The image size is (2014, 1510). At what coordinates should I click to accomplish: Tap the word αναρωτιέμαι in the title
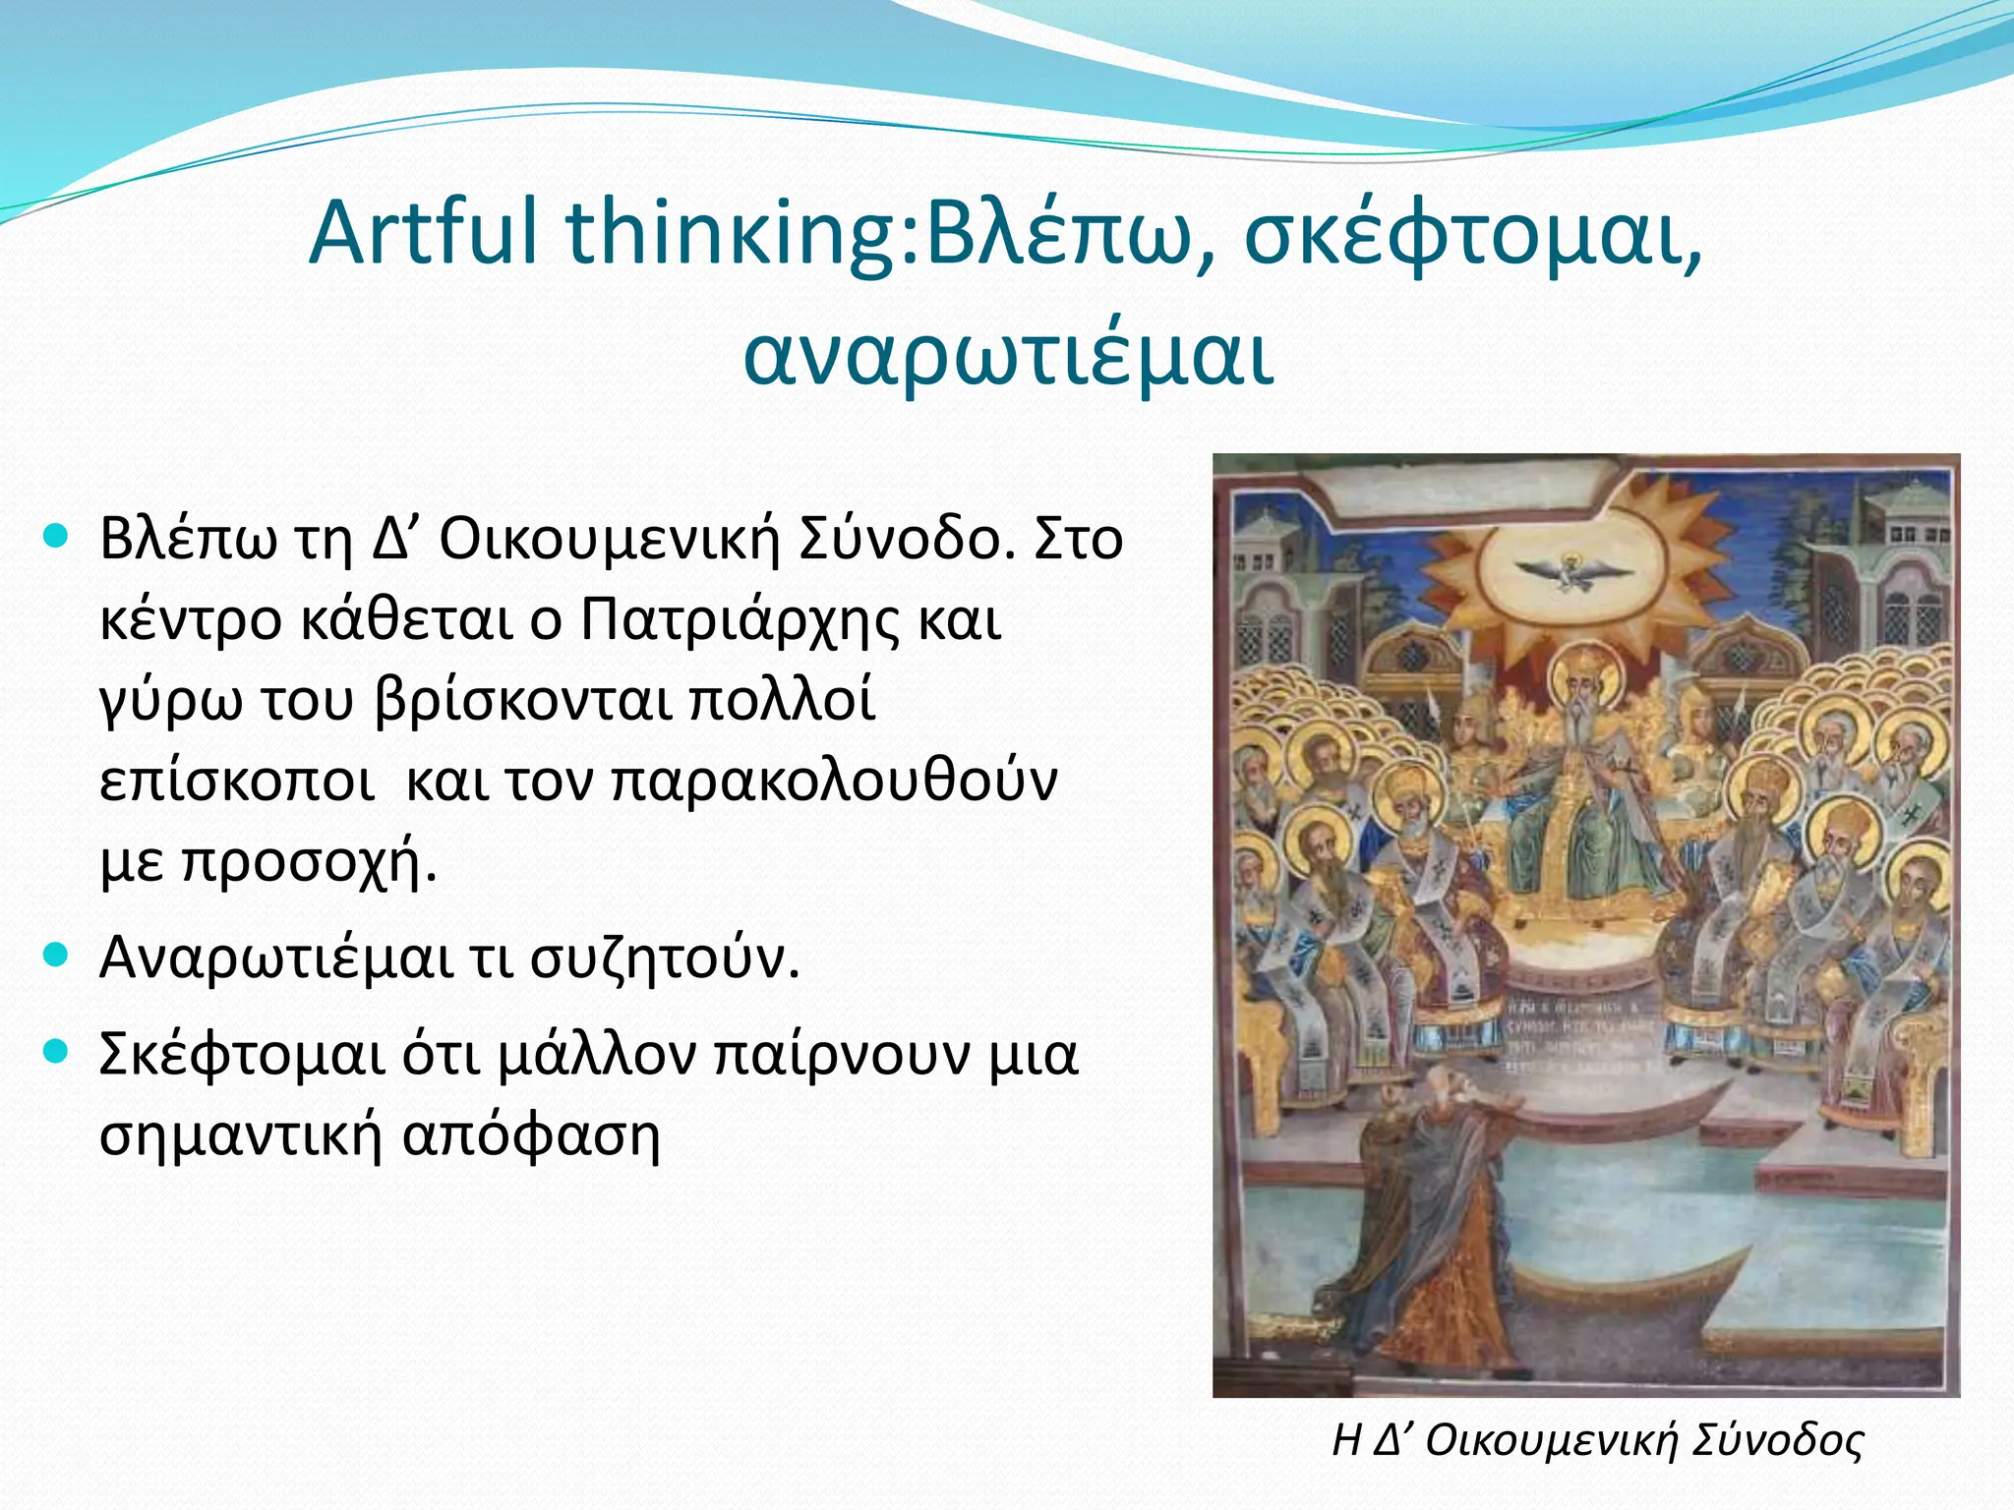[x=1008, y=356]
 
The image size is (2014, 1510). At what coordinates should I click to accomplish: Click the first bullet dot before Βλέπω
[x=56, y=536]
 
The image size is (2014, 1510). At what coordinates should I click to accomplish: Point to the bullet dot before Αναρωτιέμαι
[x=56, y=955]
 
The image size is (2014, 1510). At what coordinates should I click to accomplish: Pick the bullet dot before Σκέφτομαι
[x=56, y=1051]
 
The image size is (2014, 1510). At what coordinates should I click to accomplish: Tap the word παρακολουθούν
[x=834, y=782]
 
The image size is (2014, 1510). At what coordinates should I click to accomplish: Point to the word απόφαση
[x=531, y=1135]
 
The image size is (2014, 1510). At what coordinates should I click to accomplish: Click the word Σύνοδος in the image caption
[x=1777, y=1440]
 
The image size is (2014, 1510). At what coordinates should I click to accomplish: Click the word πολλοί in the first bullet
[x=782, y=701]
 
